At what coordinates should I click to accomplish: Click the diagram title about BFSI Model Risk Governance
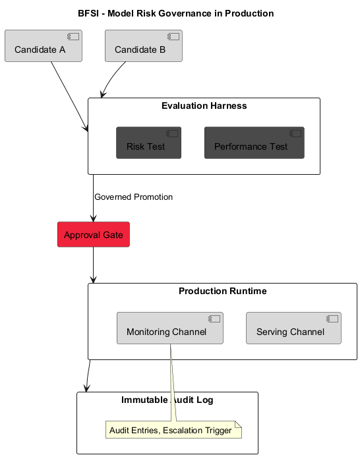[175, 13]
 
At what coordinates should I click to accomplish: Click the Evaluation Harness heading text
[204, 106]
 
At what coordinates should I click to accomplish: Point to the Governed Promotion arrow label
[133, 197]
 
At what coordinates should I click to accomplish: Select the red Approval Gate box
[93, 235]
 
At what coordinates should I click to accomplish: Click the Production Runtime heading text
[222, 291]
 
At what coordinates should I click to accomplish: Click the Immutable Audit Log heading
[167, 400]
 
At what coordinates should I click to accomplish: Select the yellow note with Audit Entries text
[173, 431]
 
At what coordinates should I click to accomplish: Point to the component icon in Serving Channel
[332, 319]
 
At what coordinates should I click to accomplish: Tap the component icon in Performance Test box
[295, 134]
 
